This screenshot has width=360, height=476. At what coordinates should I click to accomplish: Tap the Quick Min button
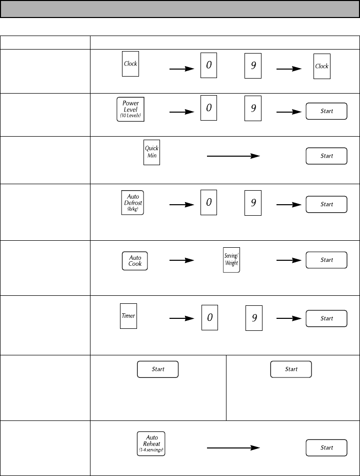coord(151,152)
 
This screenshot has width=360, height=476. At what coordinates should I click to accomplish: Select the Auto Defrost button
coord(132,202)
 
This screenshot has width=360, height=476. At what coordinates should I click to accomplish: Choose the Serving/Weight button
coord(231,260)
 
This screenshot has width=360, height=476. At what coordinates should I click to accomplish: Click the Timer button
coord(128,315)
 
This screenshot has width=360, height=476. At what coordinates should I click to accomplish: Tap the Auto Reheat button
coord(150,443)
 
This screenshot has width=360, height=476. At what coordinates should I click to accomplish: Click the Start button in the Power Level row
coord(326,111)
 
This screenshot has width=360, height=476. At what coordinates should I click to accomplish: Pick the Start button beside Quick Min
coord(326,156)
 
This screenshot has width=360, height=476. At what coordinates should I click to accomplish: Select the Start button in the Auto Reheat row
coord(326,447)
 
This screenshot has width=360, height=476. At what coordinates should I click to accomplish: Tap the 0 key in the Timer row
coord(209,317)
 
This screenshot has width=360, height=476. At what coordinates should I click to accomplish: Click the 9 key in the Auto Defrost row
coord(253,203)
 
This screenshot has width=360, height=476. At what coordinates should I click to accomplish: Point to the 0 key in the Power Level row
coord(208,108)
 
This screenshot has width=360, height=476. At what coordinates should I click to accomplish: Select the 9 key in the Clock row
coord(253,65)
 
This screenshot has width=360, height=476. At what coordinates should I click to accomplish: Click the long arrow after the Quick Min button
coord(233,156)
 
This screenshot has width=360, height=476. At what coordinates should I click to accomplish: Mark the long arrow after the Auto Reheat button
coord(233,447)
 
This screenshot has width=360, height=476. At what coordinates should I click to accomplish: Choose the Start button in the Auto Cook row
coord(326,260)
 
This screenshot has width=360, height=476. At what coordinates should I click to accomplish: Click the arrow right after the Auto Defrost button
coord(181,204)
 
